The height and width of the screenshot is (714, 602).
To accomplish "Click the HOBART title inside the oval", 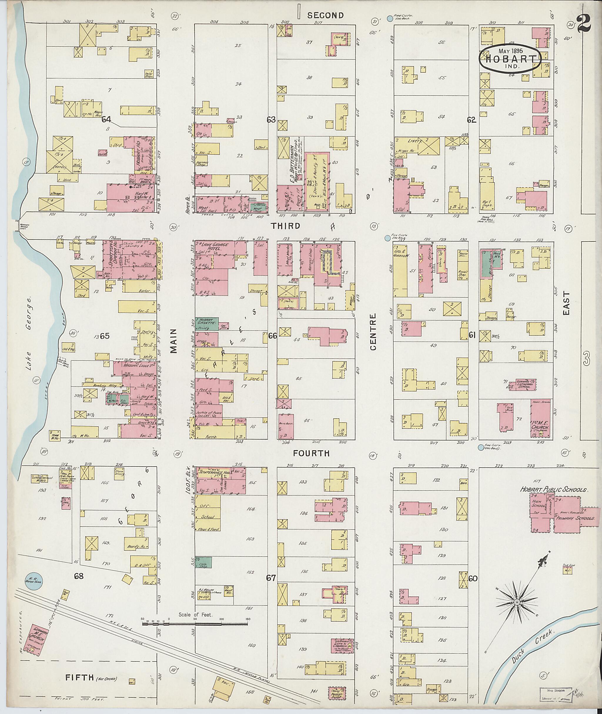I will point(510,59).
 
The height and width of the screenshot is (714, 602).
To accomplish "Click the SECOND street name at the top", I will point(325,15).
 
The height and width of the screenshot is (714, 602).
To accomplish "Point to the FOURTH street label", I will point(311,453).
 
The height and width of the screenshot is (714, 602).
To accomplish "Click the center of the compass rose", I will point(517,603).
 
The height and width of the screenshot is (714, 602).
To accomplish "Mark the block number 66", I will point(272,336).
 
